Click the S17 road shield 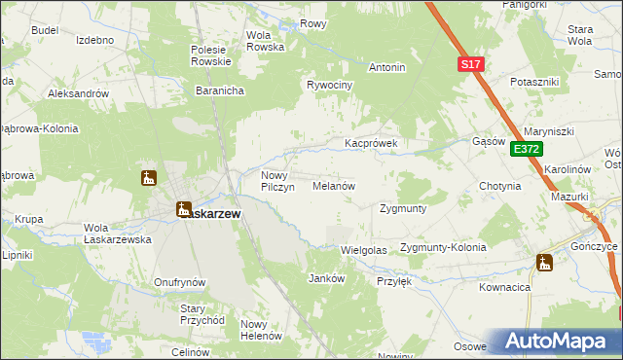[470, 64]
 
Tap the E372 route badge [526, 149]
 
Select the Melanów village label [333, 185]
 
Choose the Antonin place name [386, 68]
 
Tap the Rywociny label [329, 85]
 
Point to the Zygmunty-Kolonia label [443, 248]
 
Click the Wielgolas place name [364, 250]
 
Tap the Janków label [327, 278]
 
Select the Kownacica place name [504, 288]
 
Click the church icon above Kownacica [543, 263]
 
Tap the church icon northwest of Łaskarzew [149, 178]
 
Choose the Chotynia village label [500, 186]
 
